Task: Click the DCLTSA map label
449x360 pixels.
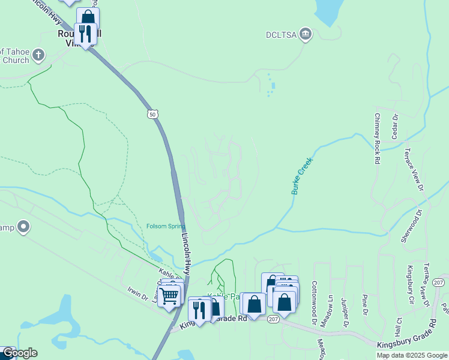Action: (281, 34)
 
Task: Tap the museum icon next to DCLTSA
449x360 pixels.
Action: (306, 34)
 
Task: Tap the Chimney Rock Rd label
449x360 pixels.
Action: (378, 139)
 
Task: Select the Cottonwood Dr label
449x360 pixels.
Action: (314, 302)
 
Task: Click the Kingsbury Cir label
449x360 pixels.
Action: (411, 281)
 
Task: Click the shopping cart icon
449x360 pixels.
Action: (169, 295)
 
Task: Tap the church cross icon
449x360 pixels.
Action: (38, 56)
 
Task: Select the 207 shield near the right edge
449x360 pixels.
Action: (439, 282)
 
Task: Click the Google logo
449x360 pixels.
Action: (20, 353)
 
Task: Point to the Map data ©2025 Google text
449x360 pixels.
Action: (412, 355)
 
